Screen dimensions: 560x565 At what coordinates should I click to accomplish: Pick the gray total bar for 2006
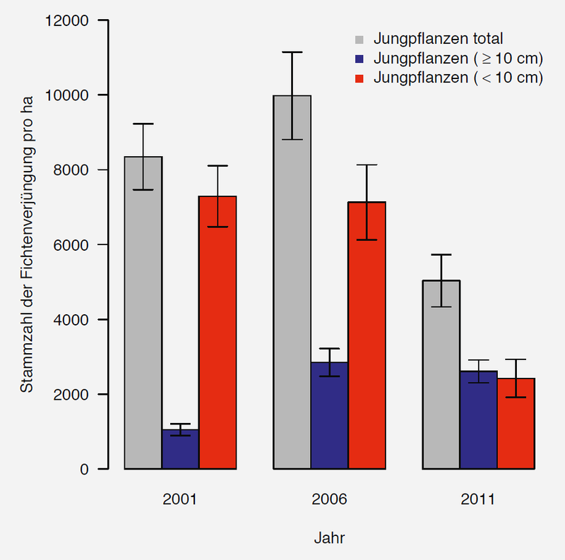click(292, 282)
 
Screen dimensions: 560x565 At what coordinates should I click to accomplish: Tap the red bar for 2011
click(516, 424)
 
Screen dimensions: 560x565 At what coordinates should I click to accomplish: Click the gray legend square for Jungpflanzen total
click(359, 39)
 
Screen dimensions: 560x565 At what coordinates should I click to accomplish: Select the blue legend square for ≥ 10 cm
click(359, 59)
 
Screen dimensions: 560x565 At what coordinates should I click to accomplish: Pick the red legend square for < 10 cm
click(359, 78)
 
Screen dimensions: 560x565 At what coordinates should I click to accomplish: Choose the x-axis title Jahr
click(329, 538)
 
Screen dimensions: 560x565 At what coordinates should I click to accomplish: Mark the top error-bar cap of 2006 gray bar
click(292, 52)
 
